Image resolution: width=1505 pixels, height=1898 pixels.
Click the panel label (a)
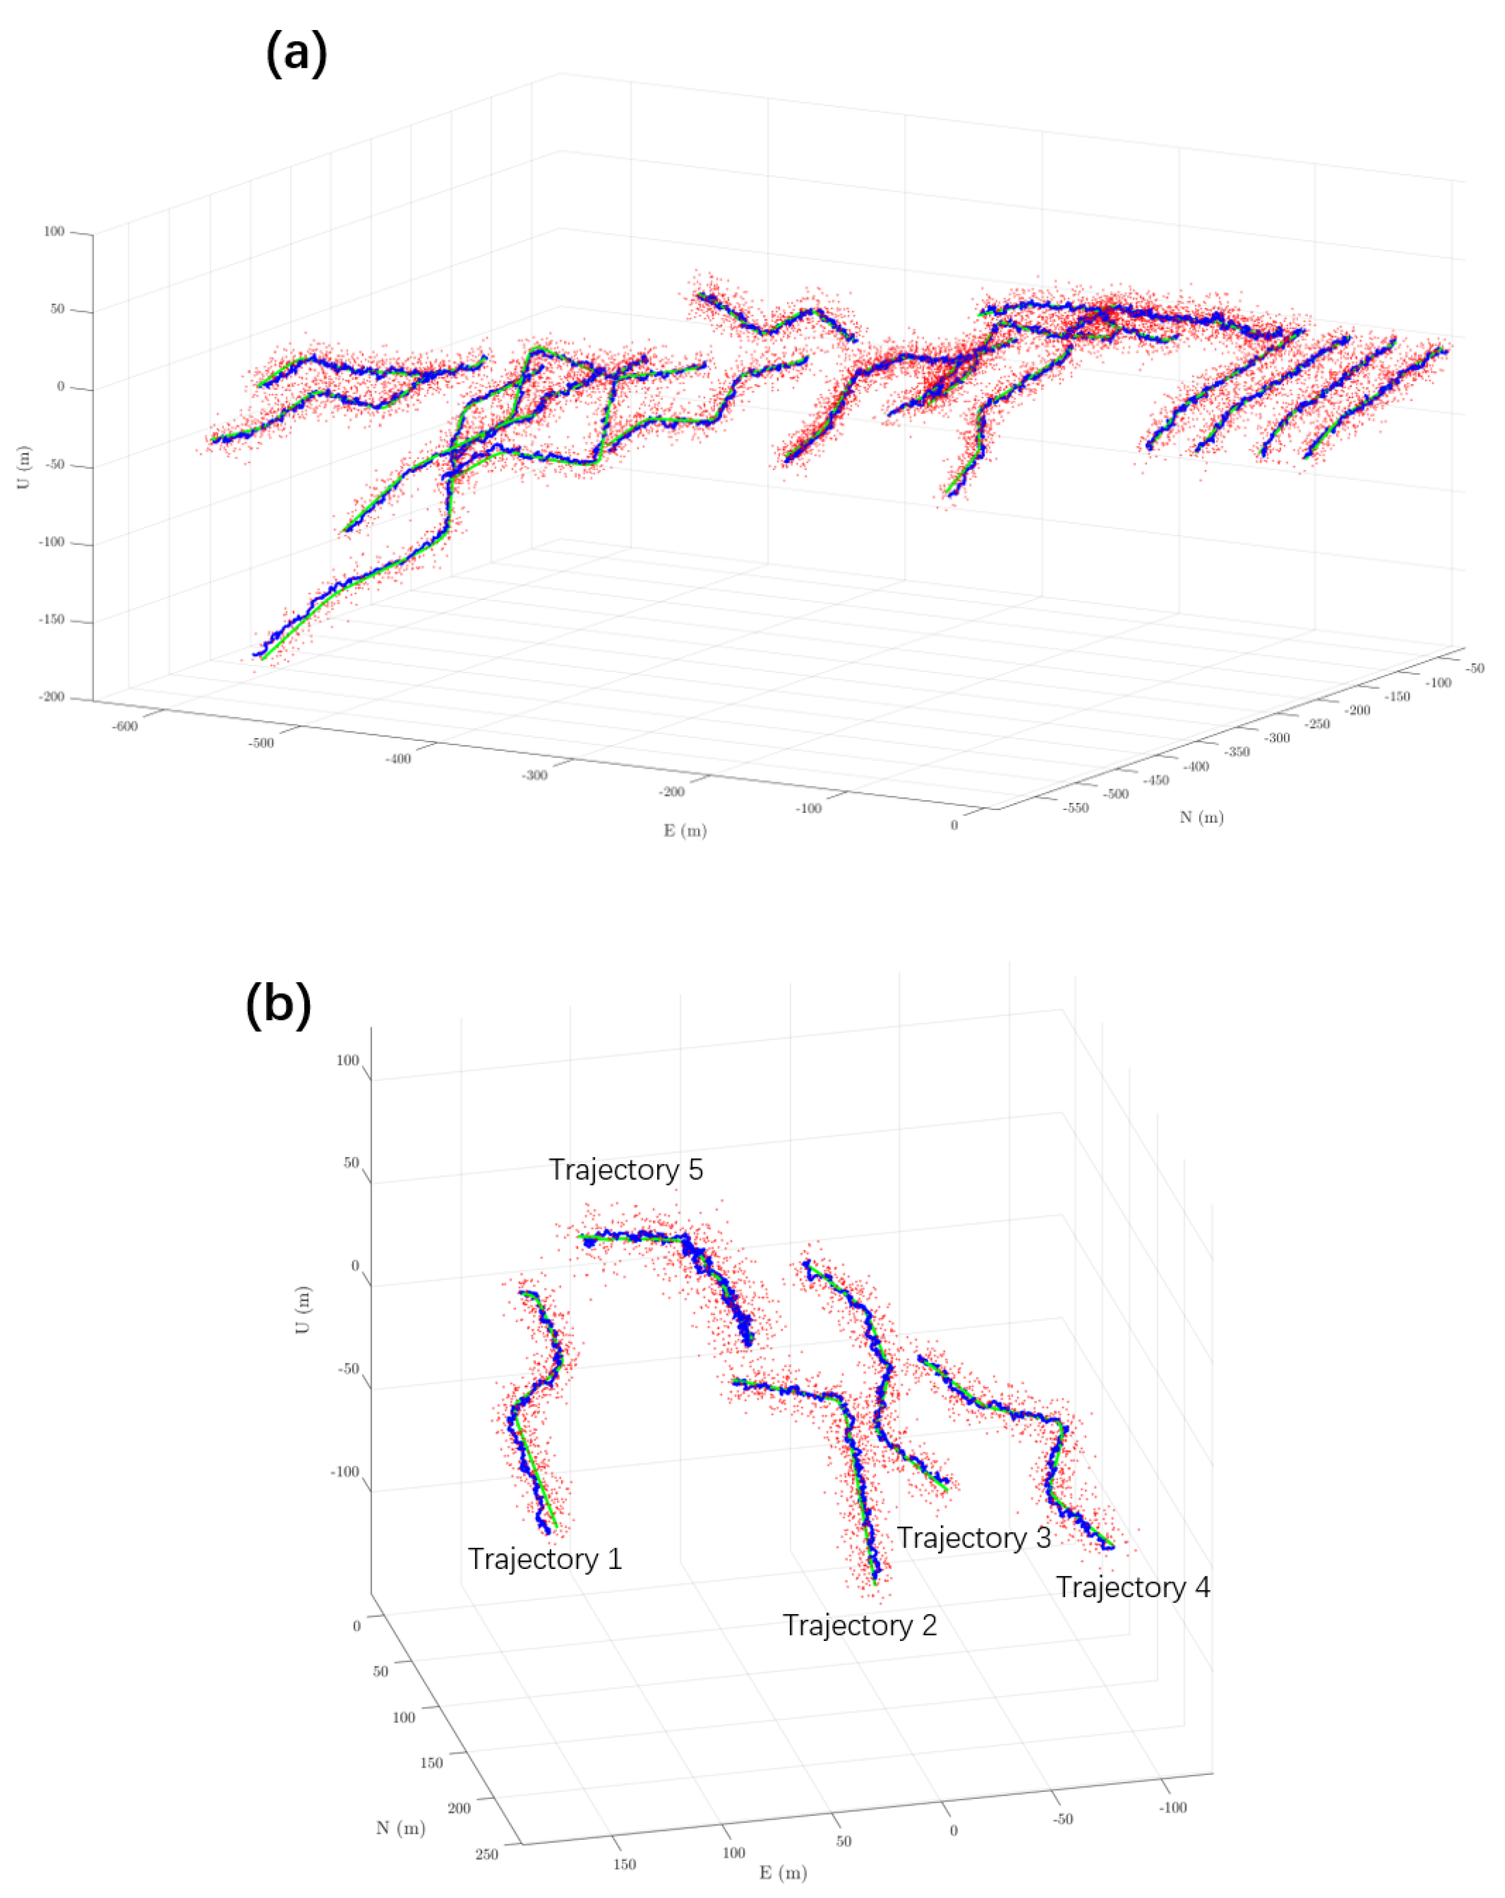click(296, 53)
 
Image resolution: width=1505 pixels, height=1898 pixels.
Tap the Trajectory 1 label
click(544, 1559)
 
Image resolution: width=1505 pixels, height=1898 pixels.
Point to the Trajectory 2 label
click(860, 1625)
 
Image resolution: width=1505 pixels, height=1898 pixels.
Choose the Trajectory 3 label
click(973, 1538)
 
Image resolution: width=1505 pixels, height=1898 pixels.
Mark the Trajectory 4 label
click(1133, 1587)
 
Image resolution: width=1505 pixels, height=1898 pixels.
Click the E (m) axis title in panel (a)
click(685, 830)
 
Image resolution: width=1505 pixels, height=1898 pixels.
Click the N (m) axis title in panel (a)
click(1201, 817)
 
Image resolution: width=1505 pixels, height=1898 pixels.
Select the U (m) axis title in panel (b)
click(302, 1309)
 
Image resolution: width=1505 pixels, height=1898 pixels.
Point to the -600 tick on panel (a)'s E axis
click(125, 727)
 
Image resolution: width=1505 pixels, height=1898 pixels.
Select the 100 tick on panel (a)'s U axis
click(53, 232)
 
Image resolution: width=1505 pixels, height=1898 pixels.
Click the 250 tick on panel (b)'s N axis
click(486, 1854)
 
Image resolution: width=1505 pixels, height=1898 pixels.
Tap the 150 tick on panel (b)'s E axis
click(624, 1864)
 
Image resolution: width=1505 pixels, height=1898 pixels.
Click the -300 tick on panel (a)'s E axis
click(535, 776)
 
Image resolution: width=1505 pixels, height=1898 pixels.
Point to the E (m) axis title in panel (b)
click(783, 1873)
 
